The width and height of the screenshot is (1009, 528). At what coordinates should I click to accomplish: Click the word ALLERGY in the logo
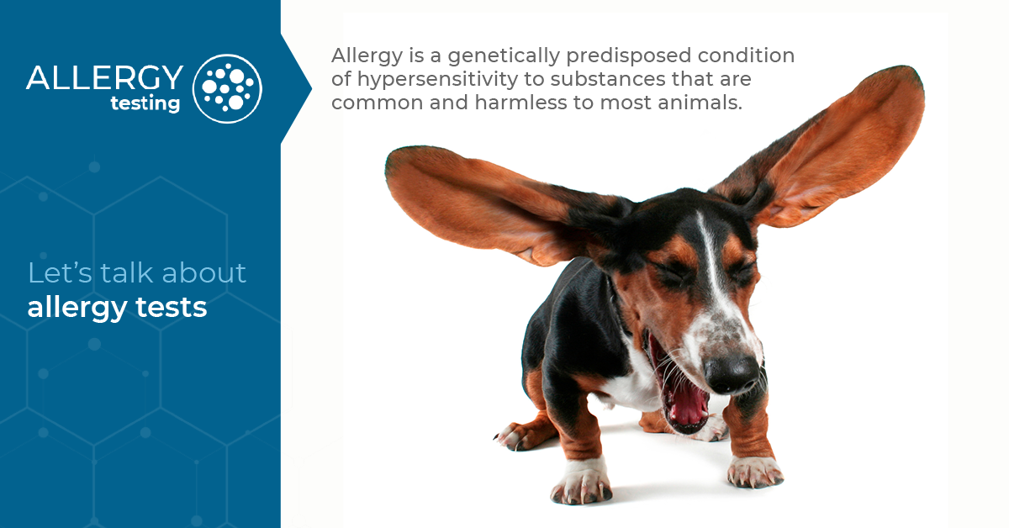click(x=104, y=77)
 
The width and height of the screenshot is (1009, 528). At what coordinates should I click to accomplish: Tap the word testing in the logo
click(x=145, y=103)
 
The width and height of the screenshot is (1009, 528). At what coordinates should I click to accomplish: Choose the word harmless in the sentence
click(x=499, y=105)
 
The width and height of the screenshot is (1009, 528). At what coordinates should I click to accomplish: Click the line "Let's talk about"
click(x=137, y=272)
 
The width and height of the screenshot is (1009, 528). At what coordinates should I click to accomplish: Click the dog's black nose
click(x=730, y=372)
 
